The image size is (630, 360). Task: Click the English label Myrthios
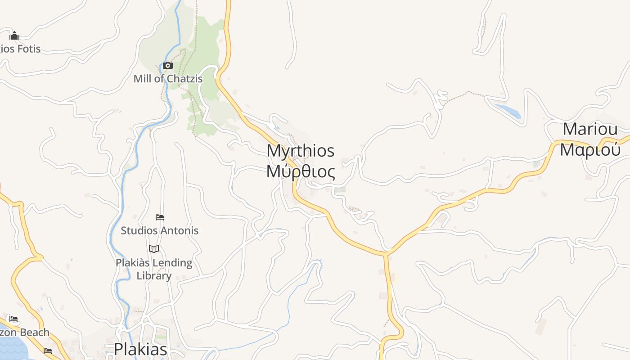(x=301, y=151)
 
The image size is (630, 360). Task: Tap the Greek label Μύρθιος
(x=301, y=171)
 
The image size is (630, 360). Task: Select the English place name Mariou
(x=590, y=130)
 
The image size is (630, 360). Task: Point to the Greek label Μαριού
(x=590, y=149)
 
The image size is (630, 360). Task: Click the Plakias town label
(x=140, y=349)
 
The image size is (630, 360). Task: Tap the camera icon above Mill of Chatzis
(x=168, y=66)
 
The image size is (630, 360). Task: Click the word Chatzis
(x=185, y=79)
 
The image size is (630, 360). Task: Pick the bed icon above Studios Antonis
(x=159, y=217)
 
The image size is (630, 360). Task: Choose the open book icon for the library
(x=154, y=249)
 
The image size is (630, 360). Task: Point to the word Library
(x=154, y=276)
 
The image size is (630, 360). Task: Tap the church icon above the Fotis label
(x=14, y=36)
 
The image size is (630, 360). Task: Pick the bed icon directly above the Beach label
(x=13, y=319)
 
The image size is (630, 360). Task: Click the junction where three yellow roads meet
(x=386, y=255)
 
